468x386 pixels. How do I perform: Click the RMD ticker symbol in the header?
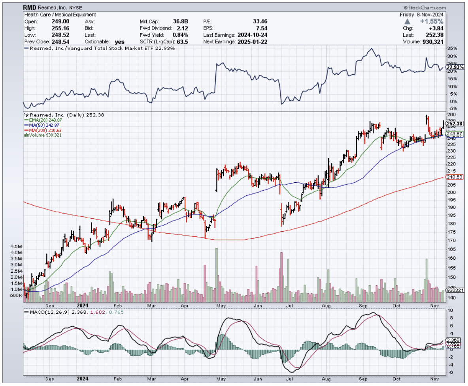point(30,8)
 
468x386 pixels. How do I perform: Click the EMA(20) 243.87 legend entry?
point(44,120)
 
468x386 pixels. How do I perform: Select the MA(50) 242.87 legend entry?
point(44,125)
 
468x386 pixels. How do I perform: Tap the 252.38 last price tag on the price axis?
point(455,124)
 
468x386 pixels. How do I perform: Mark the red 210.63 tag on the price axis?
point(455,177)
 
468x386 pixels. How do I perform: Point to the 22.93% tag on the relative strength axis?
point(455,67)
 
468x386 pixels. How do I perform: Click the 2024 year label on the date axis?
point(83,305)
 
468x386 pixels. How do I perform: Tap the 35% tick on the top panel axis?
point(451,48)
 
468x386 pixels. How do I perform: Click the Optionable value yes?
point(119,41)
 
